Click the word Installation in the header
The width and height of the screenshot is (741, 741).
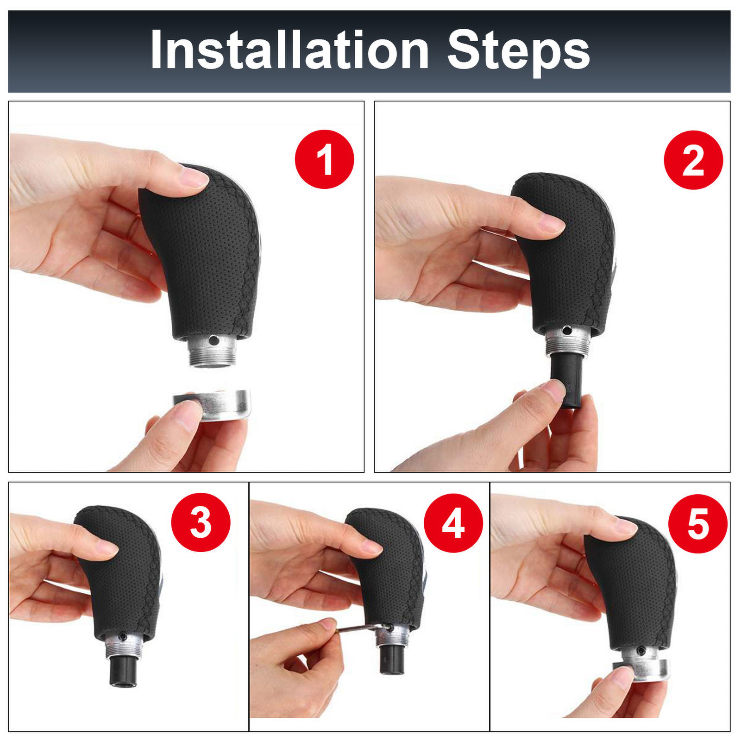coord(289,50)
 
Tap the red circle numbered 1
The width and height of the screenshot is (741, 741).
coord(324,159)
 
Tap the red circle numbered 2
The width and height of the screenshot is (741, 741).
coord(693,160)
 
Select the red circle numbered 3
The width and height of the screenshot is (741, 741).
coord(201,522)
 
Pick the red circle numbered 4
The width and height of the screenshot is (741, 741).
coord(453,523)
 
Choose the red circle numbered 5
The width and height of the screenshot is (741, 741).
coord(697,524)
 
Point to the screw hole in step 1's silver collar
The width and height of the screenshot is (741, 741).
coord(214,340)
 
